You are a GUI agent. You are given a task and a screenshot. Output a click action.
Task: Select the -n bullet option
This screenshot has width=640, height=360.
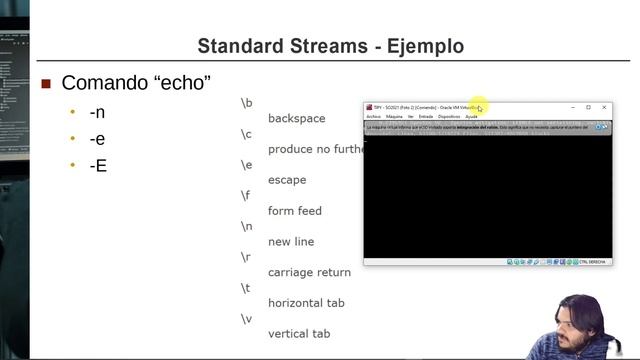97,112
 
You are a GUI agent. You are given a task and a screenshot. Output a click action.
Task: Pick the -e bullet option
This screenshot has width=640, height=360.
97,139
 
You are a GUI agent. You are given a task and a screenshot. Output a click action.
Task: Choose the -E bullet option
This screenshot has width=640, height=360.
97,165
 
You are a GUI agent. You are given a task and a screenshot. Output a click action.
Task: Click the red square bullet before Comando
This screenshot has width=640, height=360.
45,83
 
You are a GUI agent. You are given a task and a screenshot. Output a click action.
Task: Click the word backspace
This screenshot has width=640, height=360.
296,118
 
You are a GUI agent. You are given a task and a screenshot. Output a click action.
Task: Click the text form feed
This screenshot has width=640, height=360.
295,211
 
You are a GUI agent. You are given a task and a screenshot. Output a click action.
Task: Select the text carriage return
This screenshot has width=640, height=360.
309,272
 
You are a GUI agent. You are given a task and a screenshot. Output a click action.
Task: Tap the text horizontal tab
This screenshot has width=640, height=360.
306,303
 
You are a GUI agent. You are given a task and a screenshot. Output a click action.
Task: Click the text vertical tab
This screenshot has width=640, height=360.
299,333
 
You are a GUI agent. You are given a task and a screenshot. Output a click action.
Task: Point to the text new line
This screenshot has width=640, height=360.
291,242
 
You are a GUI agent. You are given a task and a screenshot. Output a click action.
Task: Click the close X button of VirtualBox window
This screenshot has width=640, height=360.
604,107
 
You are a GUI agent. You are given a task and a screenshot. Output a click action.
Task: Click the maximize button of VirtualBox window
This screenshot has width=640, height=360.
588,107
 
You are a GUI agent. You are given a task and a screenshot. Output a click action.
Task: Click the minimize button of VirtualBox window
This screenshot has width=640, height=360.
572,107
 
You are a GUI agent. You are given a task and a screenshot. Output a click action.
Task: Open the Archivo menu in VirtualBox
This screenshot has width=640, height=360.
373,116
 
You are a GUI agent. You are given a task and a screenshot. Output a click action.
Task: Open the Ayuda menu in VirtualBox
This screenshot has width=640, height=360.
472,116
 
